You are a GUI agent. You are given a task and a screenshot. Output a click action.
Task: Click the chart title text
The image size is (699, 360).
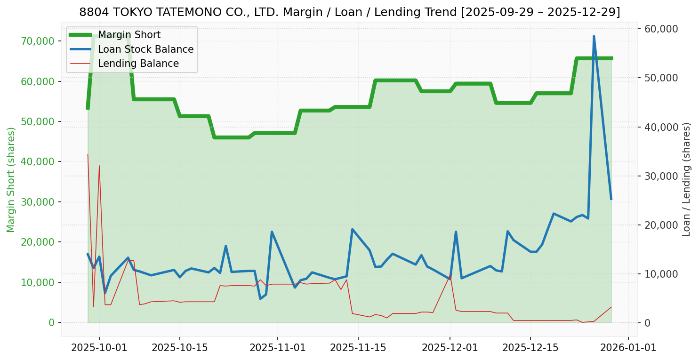click(349, 12)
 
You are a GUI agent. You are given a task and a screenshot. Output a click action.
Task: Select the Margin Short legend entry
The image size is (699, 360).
click(129, 35)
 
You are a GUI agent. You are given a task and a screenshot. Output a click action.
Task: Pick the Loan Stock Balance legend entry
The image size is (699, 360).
click(145, 49)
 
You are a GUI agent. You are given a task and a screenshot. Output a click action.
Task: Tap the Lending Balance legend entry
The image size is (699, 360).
click(138, 64)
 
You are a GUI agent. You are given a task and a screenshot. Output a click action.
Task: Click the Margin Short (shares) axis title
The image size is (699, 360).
click(11, 180)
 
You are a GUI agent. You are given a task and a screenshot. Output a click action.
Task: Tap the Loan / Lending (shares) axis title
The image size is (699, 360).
click(686, 180)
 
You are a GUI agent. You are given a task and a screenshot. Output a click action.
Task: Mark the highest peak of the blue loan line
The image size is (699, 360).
click(594, 36)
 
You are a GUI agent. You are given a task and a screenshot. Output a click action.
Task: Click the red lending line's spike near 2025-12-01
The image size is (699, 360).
click(450, 275)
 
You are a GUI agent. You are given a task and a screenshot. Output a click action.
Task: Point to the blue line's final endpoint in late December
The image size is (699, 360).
click(611, 199)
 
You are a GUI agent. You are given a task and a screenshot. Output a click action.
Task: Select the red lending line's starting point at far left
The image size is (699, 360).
click(88, 154)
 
